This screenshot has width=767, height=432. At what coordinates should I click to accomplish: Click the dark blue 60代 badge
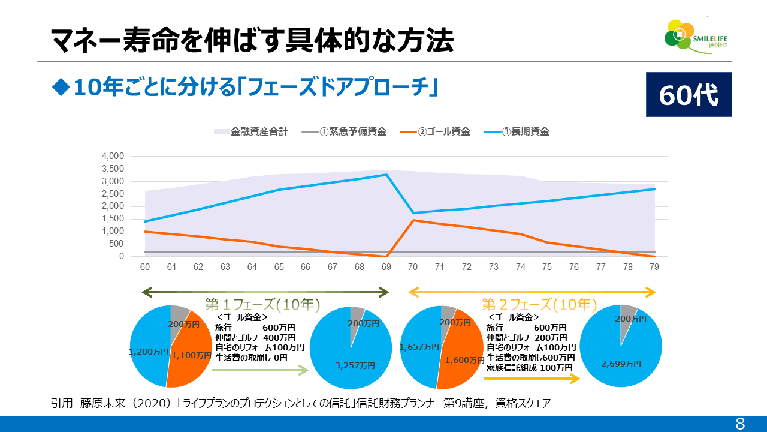pos(689,95)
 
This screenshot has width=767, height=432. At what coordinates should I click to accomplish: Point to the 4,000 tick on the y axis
pos(113,156)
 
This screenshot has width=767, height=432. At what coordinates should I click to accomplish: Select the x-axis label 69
pos(387,267)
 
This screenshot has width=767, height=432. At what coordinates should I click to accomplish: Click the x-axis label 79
pos(654,267)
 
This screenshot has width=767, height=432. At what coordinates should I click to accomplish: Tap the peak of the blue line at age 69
pos(387,175)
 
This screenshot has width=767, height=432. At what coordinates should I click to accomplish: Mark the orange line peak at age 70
pos(414,220)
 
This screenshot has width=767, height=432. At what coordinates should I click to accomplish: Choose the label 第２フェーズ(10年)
pos(539,304)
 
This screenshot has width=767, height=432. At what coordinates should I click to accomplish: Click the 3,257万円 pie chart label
pos(356,365)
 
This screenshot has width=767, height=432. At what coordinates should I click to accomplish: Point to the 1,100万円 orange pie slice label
pos(191,355)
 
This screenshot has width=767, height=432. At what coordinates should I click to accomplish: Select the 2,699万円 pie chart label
pos(621,364)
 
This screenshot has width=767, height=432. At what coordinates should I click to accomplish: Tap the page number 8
pos(740,424)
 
